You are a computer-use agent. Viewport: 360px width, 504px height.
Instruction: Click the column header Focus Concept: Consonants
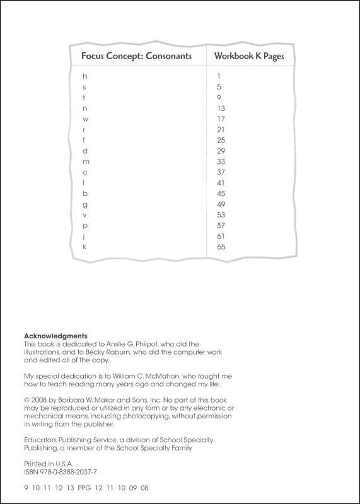[x=136, y=56]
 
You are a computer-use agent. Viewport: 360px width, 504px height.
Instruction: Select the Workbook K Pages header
[x=248, y=56]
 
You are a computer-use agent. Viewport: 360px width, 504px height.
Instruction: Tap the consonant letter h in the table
[x=84, y=76]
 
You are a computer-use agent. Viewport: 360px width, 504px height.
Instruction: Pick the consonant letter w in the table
[x=85, y=118]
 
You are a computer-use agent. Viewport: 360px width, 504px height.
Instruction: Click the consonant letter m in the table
[x=86, y=161]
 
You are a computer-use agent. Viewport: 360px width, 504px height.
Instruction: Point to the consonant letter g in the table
[x=84, y=204]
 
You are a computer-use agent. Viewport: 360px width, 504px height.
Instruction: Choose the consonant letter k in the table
[x=84, y=247]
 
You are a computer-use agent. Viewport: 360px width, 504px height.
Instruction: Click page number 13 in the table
[x=221, y=108]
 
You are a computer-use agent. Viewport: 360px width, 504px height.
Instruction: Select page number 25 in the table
[x=221, y=140]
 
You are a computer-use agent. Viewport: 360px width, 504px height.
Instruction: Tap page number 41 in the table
[x=221, y=183]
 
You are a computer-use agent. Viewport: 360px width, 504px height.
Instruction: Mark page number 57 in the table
[x=221, y=226]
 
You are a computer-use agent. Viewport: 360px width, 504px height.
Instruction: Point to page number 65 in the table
[x=221, y=247]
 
